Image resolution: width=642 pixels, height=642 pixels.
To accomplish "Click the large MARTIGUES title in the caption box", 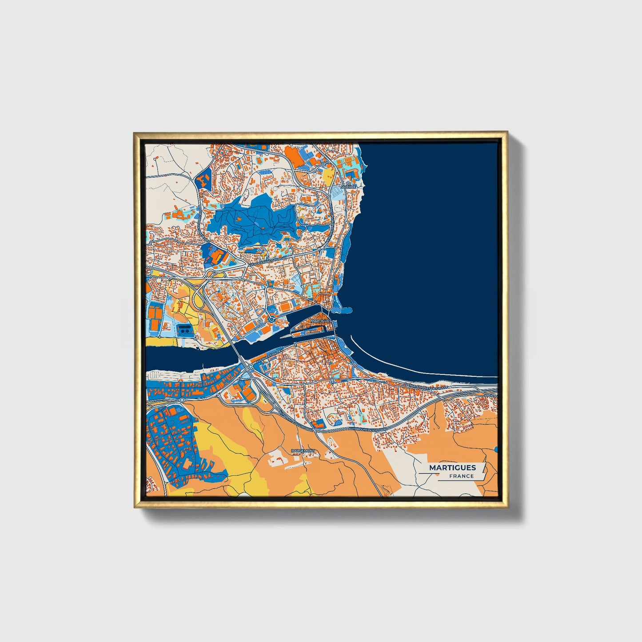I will (452, 467).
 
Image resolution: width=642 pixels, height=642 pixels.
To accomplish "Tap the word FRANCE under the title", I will (461, 476).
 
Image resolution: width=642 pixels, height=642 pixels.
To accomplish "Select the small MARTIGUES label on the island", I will (321, 320).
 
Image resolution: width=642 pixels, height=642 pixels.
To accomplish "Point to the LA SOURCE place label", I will (349, 185).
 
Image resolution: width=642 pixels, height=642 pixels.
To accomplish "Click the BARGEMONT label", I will (303, 451).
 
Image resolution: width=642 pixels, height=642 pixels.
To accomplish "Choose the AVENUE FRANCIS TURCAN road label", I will (267, 261).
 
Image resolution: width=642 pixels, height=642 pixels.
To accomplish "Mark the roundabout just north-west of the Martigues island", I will (271, 319).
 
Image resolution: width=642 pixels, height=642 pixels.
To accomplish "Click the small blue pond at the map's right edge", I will (496, 450).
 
